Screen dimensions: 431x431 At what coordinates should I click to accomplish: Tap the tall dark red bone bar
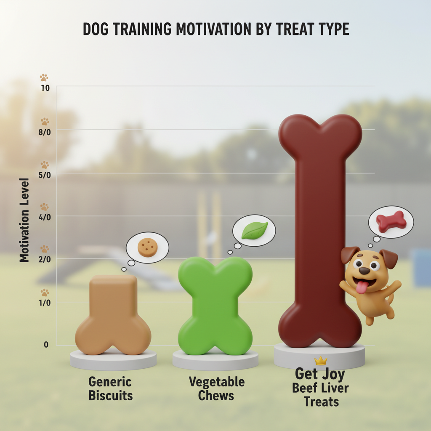click(x=320, y=231)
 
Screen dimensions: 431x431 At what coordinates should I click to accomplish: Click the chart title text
click(x=215, y=30)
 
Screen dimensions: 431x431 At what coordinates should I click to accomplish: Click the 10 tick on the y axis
click(x=45, y=88)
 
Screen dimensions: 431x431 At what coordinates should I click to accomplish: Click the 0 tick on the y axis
click(x=46, y=345)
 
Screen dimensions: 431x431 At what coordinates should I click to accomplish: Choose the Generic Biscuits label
click(x=110, y=389)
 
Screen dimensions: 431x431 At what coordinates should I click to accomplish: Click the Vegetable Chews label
click(x=216, y=389)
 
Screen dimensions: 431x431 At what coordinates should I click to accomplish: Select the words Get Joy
click(x=320, y=374)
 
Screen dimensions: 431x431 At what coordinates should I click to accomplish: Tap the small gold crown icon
click(x=321, y=361)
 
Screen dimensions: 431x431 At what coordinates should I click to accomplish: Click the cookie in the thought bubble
click(x=147, y=247)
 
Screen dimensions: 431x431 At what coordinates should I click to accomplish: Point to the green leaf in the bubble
click(x=255, y=231)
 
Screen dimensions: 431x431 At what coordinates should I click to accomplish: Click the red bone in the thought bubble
click(x=391, y=222)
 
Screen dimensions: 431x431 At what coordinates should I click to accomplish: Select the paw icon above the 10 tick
click(x=44, y=77)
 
